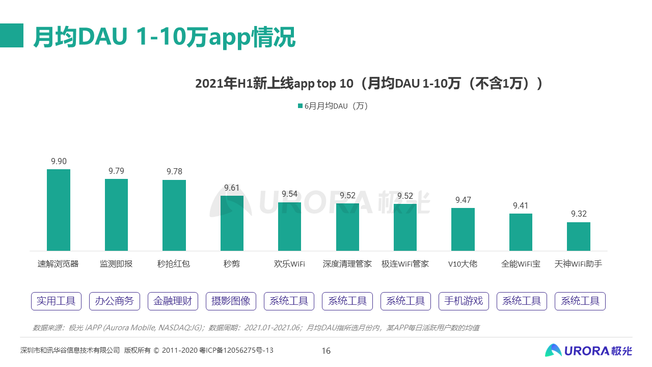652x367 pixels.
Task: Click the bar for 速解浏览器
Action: (59, 210)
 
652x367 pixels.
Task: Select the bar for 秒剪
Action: (232, 223)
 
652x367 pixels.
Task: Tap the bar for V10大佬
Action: (463, 229)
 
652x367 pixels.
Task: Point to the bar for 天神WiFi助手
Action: (579, 237)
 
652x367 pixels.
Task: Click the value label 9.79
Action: (116, 171)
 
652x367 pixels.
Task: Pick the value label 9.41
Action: (521, 205)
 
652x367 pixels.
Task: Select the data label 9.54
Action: (289, 194)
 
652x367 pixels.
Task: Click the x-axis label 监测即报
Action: (116, 264)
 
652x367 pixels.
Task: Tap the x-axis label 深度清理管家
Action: (347, 264)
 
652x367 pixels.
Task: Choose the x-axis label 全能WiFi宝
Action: (521, 264)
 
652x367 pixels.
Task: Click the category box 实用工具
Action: (57, 301)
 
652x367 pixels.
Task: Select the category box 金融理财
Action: (173, 301)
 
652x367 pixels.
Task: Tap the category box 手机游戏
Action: (464, 301)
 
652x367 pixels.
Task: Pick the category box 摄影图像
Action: (231, 301)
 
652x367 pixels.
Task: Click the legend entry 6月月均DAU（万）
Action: (333, 106)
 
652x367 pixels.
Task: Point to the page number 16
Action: (326, 351)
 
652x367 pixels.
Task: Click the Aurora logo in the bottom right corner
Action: (588, 351)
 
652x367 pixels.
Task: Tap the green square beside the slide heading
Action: (12, 36)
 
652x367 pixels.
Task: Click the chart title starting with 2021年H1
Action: (369, 83)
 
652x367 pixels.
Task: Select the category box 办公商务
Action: (115, 301)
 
